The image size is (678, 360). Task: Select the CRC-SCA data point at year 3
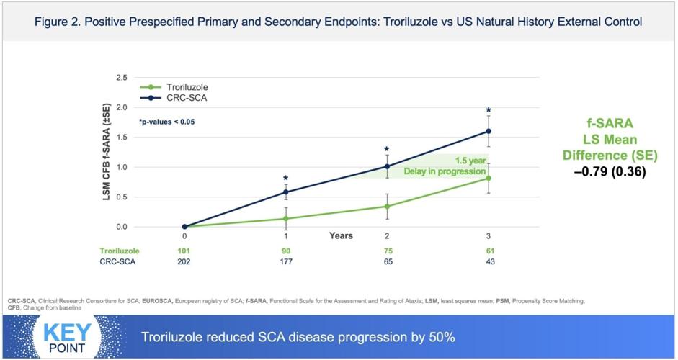point(488,131)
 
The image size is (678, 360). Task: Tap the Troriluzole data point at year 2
point(387,207)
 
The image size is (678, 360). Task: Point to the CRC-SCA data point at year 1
point(286,192)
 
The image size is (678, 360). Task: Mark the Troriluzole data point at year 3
point(488,179)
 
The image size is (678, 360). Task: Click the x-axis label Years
point(342,235)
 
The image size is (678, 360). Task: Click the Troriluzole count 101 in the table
point(184,251)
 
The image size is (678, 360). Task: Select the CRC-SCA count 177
point(286,262)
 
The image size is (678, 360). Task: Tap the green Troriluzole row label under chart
point(119,251)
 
